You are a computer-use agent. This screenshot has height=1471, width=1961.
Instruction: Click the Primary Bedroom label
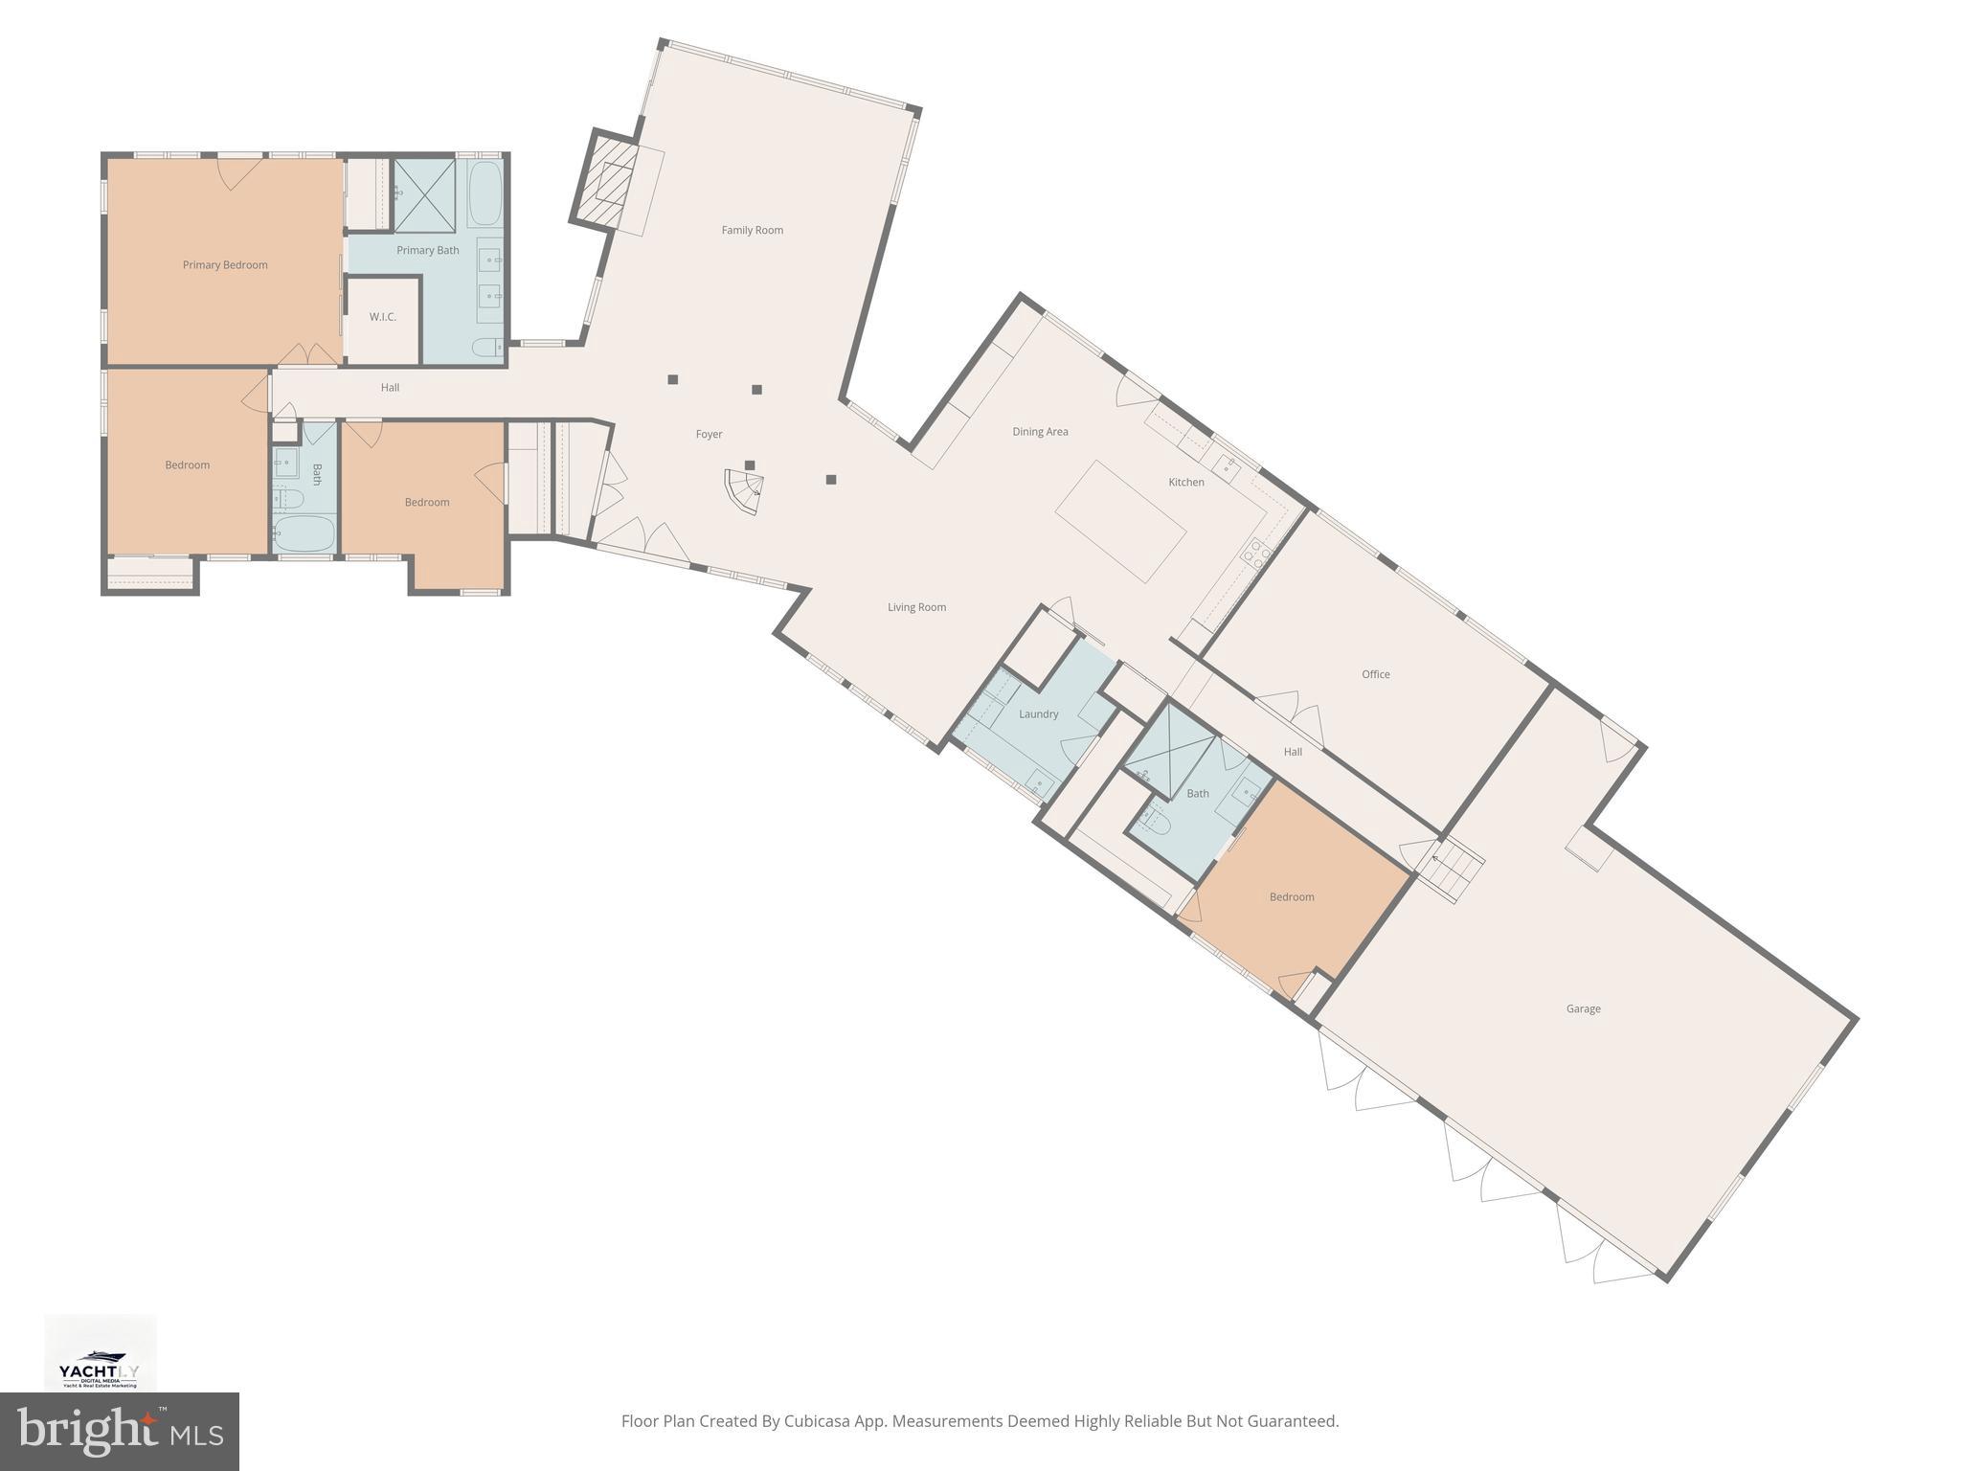[x=225, y=265]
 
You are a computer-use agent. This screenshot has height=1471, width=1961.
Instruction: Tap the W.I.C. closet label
[x=382, y=317]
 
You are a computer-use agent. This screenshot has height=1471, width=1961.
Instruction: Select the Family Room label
[x=752, y=230]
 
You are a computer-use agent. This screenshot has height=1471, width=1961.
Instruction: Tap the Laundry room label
[x=1038, y=714]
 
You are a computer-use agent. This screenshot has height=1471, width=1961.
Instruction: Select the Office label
[x=1375, y=674]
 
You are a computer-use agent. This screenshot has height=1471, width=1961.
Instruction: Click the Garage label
[x=1583, y=1008]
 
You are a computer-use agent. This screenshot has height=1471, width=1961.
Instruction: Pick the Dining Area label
[x=1040, y=432]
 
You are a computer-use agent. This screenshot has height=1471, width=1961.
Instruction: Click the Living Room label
[x=916, y=607]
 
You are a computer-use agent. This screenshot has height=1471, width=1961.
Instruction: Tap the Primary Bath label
[x=427, y=251]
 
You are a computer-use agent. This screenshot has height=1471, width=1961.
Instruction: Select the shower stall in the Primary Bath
[x=425, y=195]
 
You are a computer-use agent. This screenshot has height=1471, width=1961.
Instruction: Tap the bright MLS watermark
[x=120, y=1431]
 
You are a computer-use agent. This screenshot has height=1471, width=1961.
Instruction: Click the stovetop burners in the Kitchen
[x=1255, y=553]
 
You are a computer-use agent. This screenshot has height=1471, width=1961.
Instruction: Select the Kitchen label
[x=1185, y=483]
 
